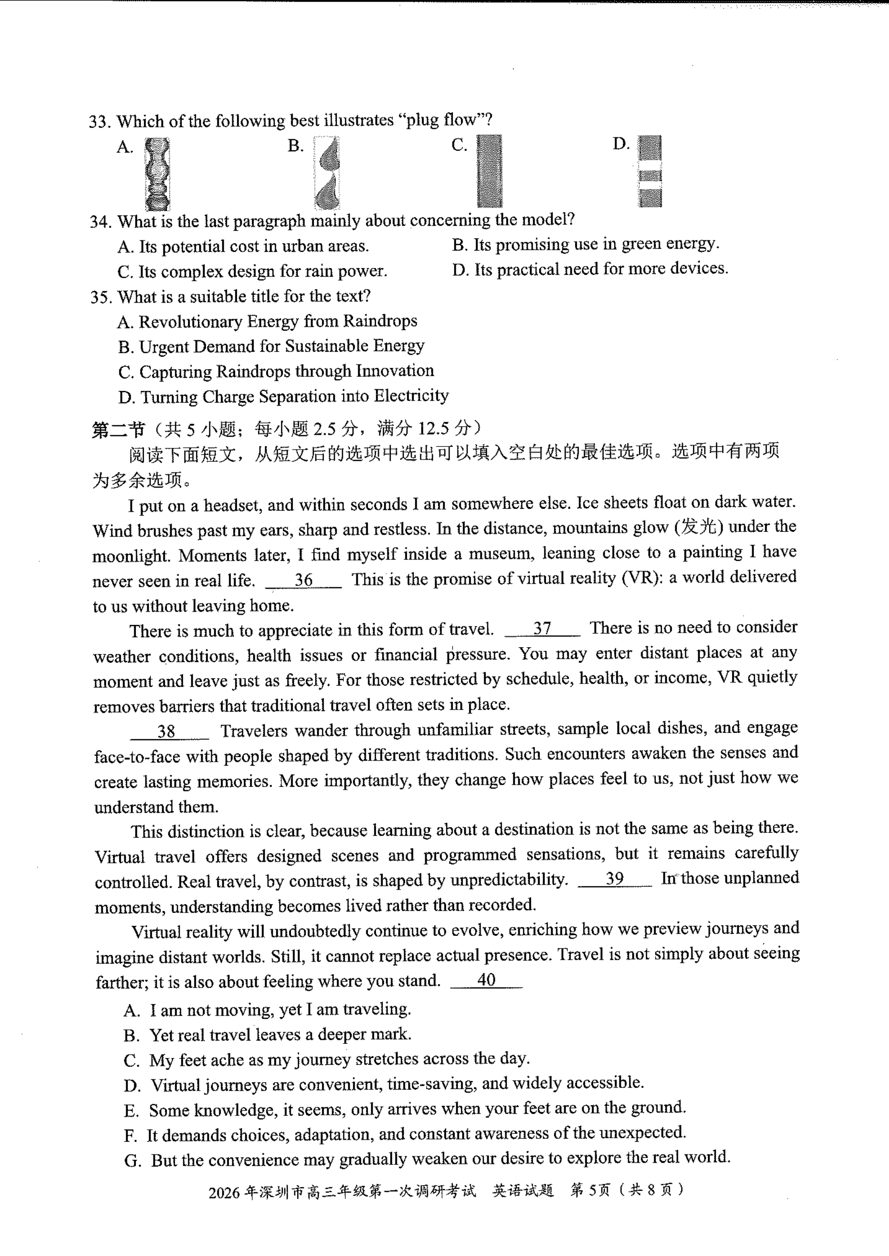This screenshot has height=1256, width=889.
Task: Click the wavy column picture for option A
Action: click(x=157, y=174)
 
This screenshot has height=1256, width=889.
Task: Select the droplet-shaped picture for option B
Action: click(x=327, y=173)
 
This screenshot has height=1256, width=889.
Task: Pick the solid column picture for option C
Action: click(x=489, y=171)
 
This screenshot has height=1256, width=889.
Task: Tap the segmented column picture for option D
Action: click(x=650, y=171)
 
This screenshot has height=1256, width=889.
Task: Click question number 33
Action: click(x=100, y=122)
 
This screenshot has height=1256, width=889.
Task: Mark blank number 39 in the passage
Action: click(x=615, y=879)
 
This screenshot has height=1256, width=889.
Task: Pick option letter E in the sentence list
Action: click(x=132, y=1110)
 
